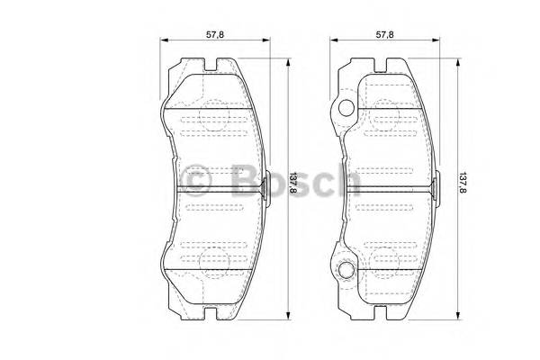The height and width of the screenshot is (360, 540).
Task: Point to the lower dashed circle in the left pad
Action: pos(212,259)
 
